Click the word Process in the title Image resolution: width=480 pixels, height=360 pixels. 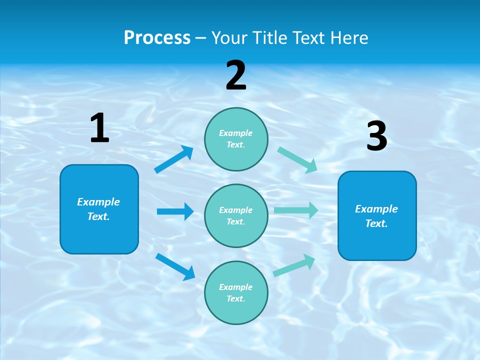click(x=157, y=37)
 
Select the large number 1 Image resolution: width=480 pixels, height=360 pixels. click(x=99, y=128)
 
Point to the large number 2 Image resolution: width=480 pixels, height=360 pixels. click(x=236, y=75)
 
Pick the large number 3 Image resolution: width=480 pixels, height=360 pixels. click(x=376, y=136)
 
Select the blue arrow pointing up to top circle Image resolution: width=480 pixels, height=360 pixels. click(x=173, y=159)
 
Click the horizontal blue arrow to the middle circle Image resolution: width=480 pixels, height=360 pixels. click(x=175, y=211)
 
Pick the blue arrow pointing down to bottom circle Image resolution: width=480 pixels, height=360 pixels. click(x=175, y=266)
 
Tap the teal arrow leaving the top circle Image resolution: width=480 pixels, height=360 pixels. click(x=297, y=159)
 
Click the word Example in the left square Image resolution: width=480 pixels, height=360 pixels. click(x=98, y=202)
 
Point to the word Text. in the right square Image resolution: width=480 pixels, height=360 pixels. click(x=376, y=223)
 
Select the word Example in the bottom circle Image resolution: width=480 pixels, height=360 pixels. click(x=236, y=287)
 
